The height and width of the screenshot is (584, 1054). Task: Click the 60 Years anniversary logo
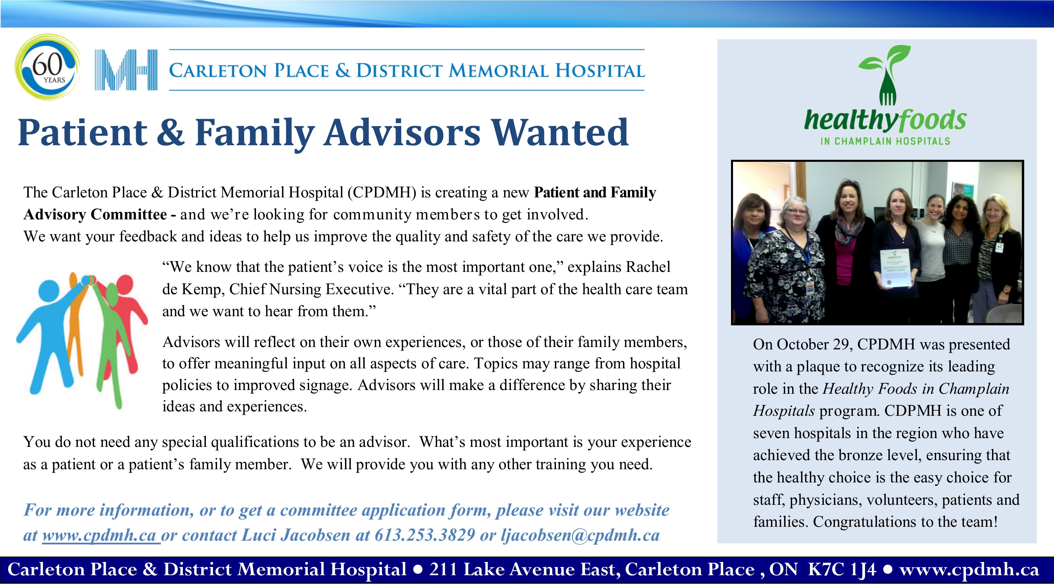click(x=47, y=67)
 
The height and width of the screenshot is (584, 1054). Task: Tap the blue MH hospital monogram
click(x=126, y=70)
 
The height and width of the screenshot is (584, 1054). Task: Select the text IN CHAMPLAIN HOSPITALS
click(x=885, y=141)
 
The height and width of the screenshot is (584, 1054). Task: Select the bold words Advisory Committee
click(x=95, y=214)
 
